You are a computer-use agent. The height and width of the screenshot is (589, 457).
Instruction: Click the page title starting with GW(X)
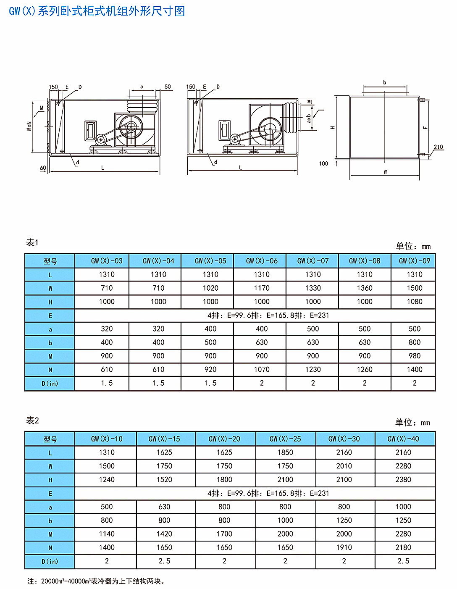[97, 11]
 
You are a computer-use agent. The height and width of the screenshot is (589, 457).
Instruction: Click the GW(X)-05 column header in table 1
[210, 261]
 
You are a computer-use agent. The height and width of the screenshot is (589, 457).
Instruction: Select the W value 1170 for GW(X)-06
[262, 288]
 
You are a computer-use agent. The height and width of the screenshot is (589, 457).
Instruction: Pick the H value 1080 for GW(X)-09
[415, 302]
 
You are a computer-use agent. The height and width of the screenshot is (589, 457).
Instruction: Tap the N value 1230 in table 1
[313, 370]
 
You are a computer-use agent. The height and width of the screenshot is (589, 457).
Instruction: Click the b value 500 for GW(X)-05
[210, 342]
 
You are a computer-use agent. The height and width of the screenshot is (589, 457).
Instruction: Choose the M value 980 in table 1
[415, 356]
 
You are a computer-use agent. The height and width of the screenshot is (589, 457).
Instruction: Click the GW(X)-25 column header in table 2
[285, 439]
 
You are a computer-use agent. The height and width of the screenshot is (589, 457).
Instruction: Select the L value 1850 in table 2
[285, 452]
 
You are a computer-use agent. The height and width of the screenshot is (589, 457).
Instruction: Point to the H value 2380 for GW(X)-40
[403, 480]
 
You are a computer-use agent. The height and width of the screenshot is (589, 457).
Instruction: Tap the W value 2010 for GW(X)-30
[344, 466]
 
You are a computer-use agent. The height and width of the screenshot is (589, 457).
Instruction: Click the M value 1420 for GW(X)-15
[164, 534]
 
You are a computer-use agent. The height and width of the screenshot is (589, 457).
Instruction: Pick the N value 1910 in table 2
[344, 547]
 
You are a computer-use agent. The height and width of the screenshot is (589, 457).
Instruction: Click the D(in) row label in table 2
[50, 561]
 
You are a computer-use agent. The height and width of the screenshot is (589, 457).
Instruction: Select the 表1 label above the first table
[32, 242]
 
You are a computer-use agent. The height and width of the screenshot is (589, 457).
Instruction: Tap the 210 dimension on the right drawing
[439, 147]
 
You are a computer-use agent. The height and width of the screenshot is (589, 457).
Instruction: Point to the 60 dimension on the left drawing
[43, 168]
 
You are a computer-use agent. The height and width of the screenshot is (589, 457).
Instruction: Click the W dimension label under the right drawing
[385, 172]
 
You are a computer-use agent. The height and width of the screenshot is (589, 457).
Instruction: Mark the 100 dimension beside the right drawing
[323, 163]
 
